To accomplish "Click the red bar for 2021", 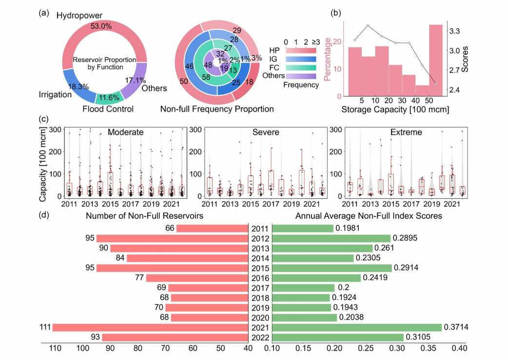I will click(x=151, y=327).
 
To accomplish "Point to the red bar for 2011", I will click(x=213, y=228).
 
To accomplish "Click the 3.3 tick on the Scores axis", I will click(x=454, y=31).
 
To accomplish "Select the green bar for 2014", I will click(x=313, y=258).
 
